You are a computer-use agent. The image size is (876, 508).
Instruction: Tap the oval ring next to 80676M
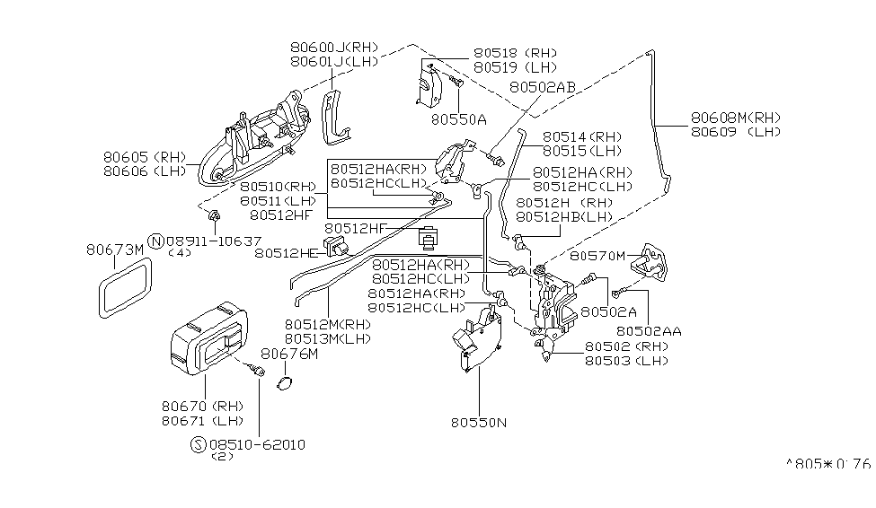tap(285, 384)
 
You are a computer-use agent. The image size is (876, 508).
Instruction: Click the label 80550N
tap(479, 419)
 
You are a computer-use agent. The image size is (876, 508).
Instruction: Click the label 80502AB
tap(542, 87)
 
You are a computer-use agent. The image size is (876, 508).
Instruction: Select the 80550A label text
tap(458, 118)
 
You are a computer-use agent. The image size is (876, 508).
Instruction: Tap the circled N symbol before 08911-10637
tap(156, 241)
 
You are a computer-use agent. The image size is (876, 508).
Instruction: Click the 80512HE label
tap(286, 254)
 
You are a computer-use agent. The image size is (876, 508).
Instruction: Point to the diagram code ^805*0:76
tap(827, 464)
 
